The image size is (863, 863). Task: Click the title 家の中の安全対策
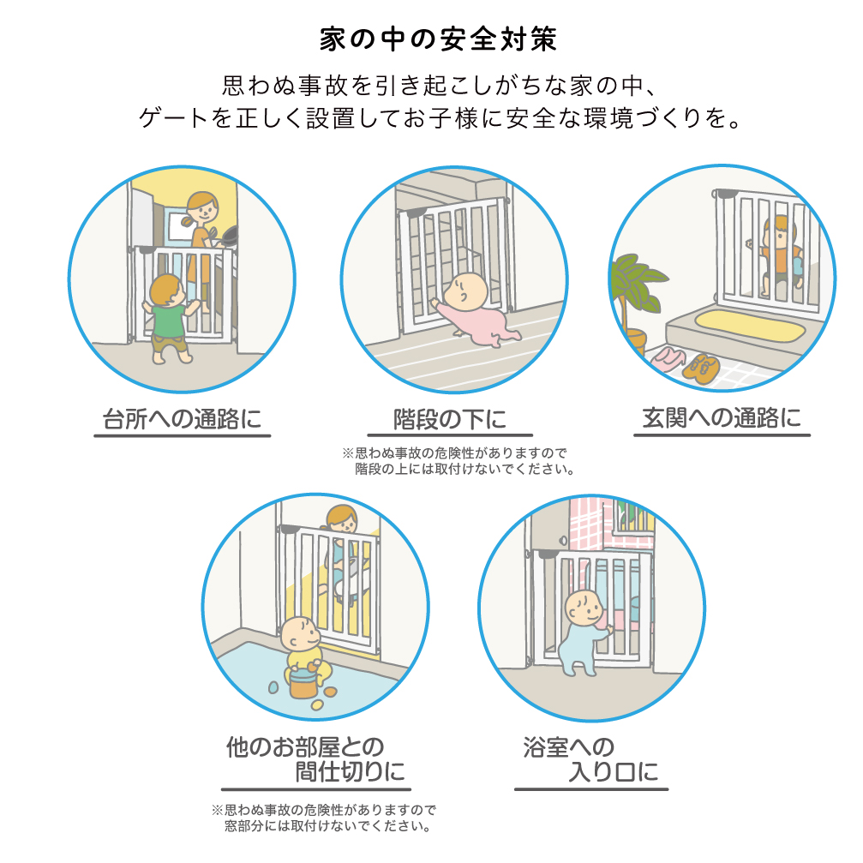coord(438,39)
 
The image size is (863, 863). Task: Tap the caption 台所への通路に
coord(183,419)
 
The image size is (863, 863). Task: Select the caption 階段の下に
coord(450,419)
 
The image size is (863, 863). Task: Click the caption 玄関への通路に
coord(722,417)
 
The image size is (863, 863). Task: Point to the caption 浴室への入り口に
coord(591,759)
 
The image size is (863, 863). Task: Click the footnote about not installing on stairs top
coord(458,461)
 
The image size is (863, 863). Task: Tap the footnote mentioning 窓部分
coord(324,818)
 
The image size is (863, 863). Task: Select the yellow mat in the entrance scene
coord(750,325)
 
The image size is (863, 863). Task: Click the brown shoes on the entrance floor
coord(701,368)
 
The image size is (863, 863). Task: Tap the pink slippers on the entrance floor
coord(668,359)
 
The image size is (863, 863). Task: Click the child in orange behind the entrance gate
coord(781,255)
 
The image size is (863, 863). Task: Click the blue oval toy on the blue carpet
coord(273,687)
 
